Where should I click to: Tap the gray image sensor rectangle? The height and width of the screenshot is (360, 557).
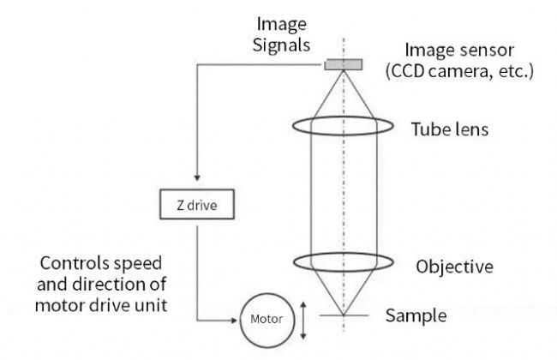344,64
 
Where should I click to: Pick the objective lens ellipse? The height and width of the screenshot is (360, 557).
344,261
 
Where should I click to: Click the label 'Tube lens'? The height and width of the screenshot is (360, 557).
449,130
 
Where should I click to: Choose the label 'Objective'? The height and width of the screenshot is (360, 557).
454,266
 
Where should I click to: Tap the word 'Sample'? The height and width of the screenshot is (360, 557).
416,315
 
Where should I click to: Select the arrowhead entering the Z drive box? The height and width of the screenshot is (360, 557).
197,183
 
